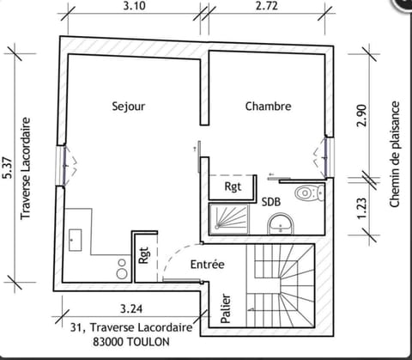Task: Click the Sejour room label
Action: (x=129, y=107)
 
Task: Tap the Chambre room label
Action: (x=269, y=107)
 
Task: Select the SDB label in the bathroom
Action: (x=271, y=202)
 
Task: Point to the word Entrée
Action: (x=208, y=265)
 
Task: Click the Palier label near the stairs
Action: (x=226, y=308)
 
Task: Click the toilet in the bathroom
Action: (x=310, y=192)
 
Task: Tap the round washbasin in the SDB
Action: (x=281, y=223)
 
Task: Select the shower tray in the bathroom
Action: (x=229, y=218)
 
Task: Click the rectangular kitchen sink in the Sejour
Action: (x=76, y=240)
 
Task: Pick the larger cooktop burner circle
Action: (x=122, y=273)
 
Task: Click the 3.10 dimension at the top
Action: (x=135, y=6)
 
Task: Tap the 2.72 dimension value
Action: (x=267, y=6)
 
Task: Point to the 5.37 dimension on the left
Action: (x=9, y=168)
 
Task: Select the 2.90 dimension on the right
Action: (x=361, y=115)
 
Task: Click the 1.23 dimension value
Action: (x=361, y=208)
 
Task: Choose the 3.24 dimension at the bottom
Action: (x=131, y=309)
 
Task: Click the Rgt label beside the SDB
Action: (x=233, y=187)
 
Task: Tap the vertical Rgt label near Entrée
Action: (x=144, y=255)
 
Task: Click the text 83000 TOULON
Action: (x=131, y=342)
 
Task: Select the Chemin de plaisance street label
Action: (x=395, y=154)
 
